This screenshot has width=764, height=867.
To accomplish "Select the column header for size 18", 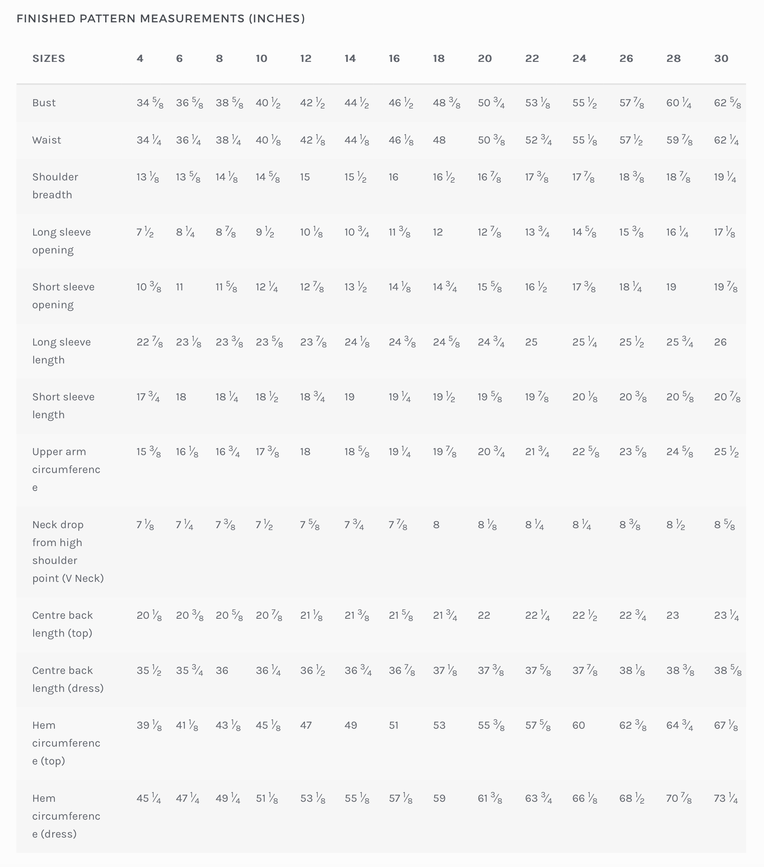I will point(438,59).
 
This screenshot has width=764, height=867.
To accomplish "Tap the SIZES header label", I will point(49,59).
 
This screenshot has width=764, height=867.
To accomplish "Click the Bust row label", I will point(44,103).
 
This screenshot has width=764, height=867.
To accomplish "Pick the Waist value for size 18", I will point(439,140).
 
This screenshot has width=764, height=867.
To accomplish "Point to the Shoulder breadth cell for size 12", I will point(305,177).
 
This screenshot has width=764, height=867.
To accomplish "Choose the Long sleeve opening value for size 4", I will point(145,232).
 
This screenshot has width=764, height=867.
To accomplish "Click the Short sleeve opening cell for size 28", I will point(671,287).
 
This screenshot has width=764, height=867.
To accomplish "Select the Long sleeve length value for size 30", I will point(720,342).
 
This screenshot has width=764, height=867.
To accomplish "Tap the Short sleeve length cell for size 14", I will point(349,397).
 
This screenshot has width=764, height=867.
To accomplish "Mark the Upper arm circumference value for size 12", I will point(305,452).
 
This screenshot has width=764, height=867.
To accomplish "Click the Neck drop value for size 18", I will point(436,525).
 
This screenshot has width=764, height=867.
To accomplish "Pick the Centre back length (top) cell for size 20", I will point(484,615).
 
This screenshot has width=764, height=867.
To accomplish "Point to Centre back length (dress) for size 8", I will point(222,671).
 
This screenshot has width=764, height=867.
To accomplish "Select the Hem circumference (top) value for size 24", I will point(579,725).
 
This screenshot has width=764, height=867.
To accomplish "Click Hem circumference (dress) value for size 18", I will point(439,799).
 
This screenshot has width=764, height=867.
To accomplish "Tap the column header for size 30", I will point(721,59).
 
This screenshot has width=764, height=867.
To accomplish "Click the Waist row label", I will point(47,140).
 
